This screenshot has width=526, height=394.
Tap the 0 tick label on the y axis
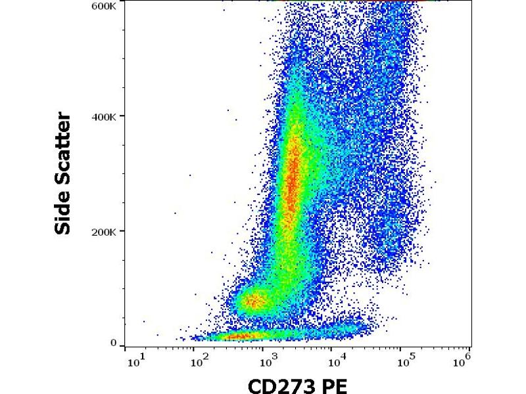tap(114, 343)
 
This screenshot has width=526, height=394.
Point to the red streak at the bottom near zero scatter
tap(240, 337)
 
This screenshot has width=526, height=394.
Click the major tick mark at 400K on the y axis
tap(122, 116)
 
